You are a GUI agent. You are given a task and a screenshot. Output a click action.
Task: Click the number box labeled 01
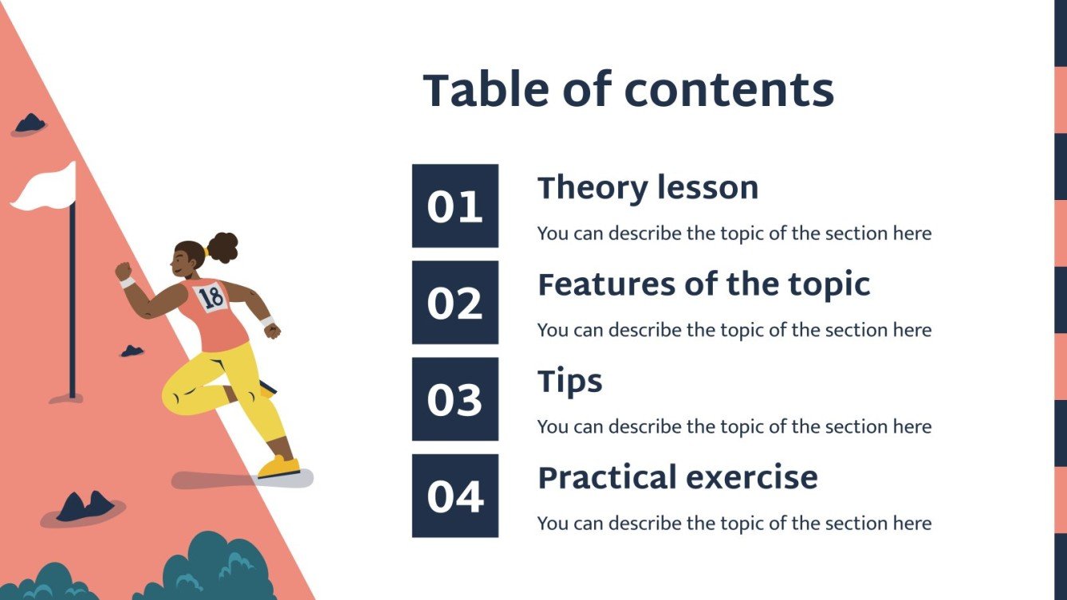tap(455, 206)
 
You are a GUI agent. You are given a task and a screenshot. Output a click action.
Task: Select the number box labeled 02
tap(455, 303)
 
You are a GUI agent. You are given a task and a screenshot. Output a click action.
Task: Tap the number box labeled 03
tap(455, 399)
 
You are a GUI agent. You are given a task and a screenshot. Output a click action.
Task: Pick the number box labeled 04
tap(455, 496)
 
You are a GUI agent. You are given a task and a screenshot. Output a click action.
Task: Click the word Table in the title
tap(486, 89)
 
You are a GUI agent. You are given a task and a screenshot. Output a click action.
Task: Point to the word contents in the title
tap(729, 90)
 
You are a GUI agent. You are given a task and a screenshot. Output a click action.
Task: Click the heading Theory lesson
tap(648, 188)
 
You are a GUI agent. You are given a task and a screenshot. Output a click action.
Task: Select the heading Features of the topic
tap(704, 284)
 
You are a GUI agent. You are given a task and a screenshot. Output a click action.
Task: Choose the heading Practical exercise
tap(678, 478)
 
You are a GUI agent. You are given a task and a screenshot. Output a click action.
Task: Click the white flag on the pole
tap(45, 188)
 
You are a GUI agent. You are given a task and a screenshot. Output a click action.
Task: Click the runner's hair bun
tap(222, 248)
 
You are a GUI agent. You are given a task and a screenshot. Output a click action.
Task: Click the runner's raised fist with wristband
tap(124, 273)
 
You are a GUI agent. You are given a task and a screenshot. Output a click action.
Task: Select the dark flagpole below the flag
tap(73, 300)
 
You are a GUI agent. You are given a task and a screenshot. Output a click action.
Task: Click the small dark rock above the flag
tap(30, 123)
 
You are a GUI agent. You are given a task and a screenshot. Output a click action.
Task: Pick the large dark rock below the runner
tap(86, 506)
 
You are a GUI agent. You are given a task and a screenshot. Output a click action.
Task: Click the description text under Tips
tap(734, 427)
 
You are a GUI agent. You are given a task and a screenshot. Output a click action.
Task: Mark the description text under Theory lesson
tap(734, 233)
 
